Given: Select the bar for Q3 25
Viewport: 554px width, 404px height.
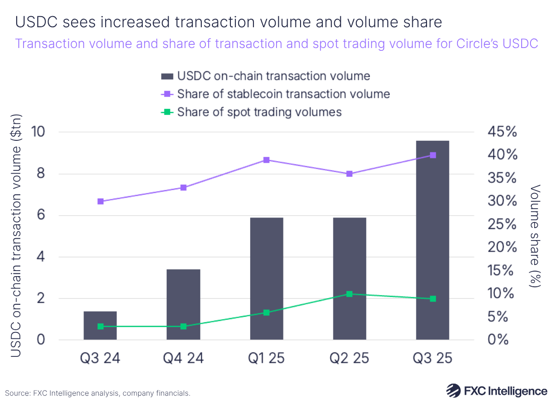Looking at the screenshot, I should [x=433, y=240].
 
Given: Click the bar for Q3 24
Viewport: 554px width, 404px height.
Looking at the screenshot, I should [x=100, y=326].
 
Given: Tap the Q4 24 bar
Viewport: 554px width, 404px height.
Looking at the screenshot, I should [x=183, y=304].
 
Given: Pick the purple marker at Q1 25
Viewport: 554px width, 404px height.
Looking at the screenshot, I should [x=266, y=160].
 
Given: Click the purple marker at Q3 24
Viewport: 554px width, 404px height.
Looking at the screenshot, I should [x=100, y=201].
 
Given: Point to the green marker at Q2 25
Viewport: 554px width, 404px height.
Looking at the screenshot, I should [x=349, y=294].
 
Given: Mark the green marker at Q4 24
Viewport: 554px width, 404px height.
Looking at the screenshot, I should [x=183, y=326].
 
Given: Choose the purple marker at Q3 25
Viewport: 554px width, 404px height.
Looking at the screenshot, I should [x=433, y=155].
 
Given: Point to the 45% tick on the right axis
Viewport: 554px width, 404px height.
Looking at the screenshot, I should [x=502, y=132].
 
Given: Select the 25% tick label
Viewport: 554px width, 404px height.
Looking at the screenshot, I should [x=502, y=224].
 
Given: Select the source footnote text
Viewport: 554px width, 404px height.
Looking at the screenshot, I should [x=97, y=393].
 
